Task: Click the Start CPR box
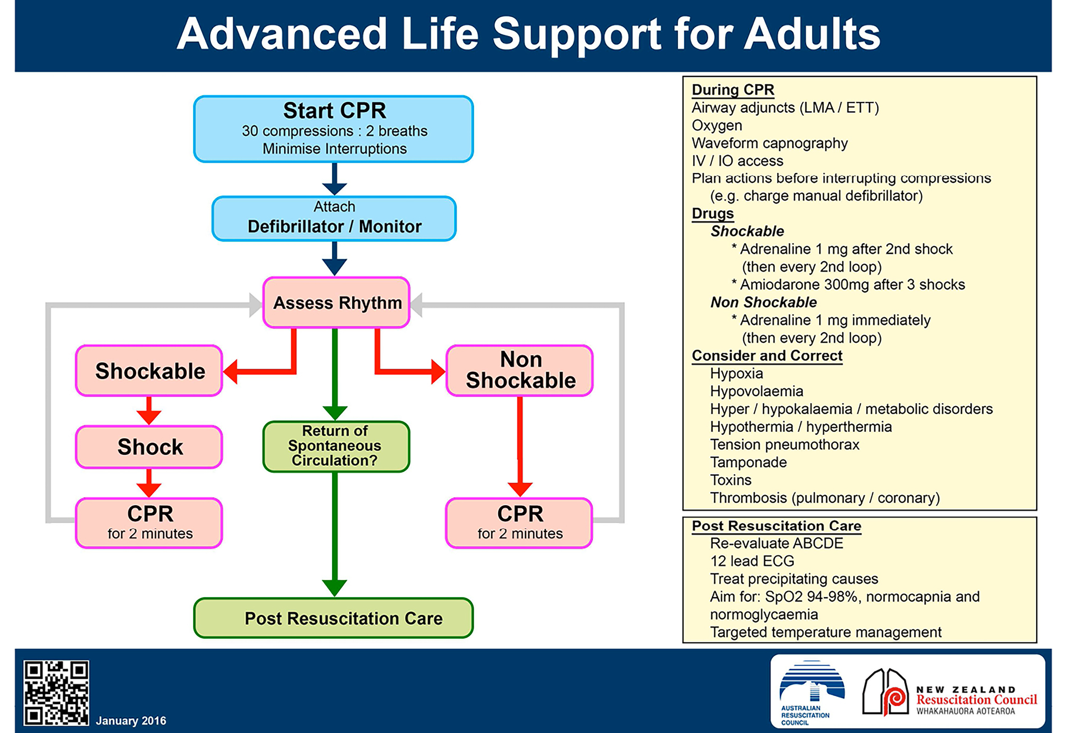point(334,129)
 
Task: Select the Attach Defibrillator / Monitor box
point(334,219)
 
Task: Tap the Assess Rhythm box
point(337,303)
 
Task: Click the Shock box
point(149,447)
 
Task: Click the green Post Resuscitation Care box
point(334,618)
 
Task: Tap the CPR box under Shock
point(149,523)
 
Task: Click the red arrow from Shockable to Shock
point(149,411)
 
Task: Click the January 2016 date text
point(131,720)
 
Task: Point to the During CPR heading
point(733,89)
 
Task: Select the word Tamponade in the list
point(748,462)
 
